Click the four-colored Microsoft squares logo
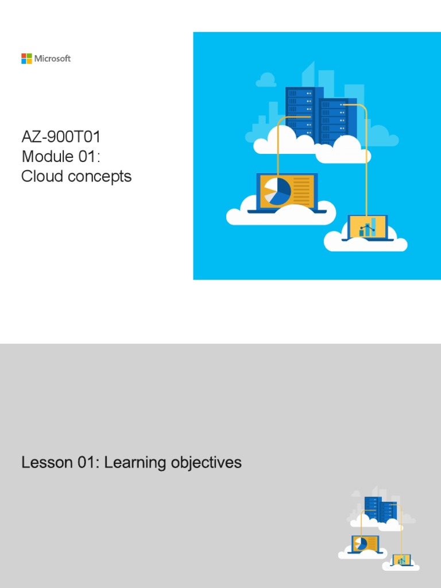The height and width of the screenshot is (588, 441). click(x=26, y=59)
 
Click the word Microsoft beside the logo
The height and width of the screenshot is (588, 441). click(x=52, y=59)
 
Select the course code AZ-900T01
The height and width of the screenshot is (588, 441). click(x=61, y=137)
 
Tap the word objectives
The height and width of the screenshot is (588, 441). click(x=206, y=463)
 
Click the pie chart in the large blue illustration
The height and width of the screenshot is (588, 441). click(x=276, y=192)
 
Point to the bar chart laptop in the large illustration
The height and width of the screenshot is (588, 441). click(x=367, y=227)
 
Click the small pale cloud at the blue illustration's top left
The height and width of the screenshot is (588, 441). click(x=266, y=80)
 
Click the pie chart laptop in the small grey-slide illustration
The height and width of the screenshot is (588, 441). click(x=365, y=544)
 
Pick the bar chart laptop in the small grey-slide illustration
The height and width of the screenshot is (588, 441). click(x=401, y=560)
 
